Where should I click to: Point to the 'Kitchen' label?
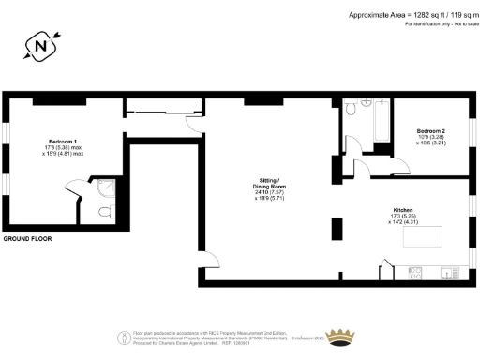coord(404,211)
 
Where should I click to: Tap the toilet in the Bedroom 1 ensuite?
coord(102,212)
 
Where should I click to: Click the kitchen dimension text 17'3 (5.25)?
coord(404,217)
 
